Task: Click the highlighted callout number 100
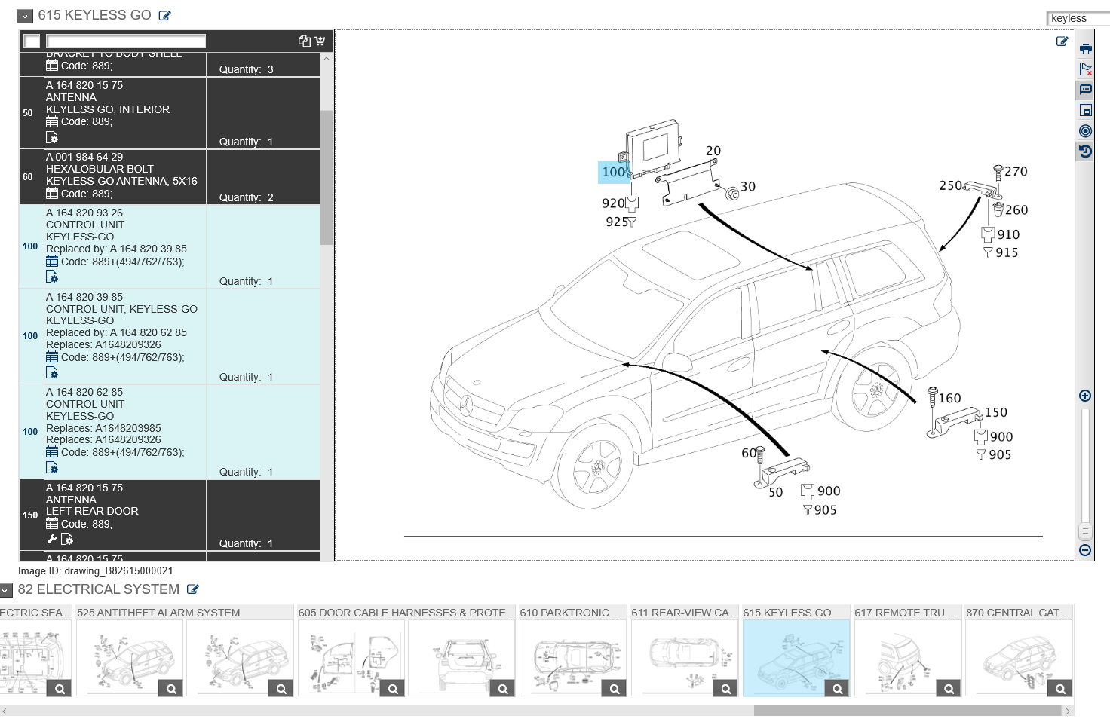pyautogui.click(x=614, y=172)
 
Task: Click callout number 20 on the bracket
pyautogui.click(x=713, y=151)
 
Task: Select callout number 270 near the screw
pyautogui.click(x=1016, y=172)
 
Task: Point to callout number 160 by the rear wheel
pyautogui.click(x=949, y=398)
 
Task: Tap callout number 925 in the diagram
pyautogui.click(x=616, y=222)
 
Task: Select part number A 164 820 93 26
pyautogui.click(x=84, y=213)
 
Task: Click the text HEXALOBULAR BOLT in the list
pyautogui.click(x=100, y=169)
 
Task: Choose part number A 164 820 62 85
pyautogui.click(x=84, y=392)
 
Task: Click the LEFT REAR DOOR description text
pyautogui.click(x=92, y=511)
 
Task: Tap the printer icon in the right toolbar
pyautogui.click(x=1085, y=49)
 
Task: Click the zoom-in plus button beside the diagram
pyautogui.click(x=1085, y=396)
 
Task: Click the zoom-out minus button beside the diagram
pyautogui.click(x=1085, y=550)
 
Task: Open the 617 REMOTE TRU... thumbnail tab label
pyautogui.click(x=904, y=613)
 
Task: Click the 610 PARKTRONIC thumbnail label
pyautogui.click(x=571, y=613)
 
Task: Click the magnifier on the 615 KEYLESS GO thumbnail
pyautogui.click(x=837, y=689)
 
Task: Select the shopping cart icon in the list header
pyautogui.click(x=320, y=41)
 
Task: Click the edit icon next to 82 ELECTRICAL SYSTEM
pyautogui.click(x=193, y=589)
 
